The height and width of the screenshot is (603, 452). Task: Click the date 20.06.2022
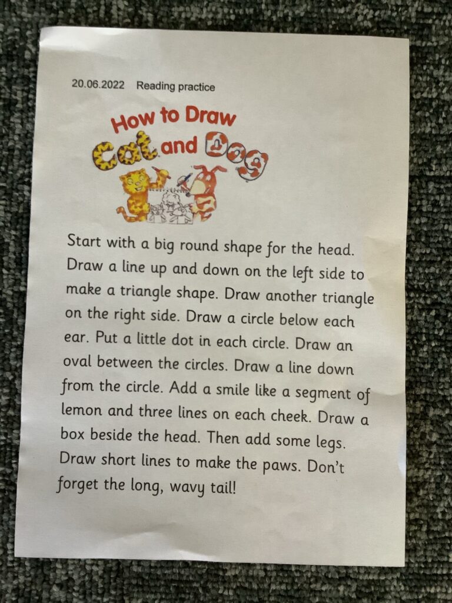point(98,84)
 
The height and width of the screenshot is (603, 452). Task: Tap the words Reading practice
point(175,86)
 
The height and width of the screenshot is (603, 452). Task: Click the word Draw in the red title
point(210,116)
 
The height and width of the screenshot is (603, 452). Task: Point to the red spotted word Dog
point(237,154)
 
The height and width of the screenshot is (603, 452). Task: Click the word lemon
point(81,410)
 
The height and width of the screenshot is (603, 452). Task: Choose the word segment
point(323,393)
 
